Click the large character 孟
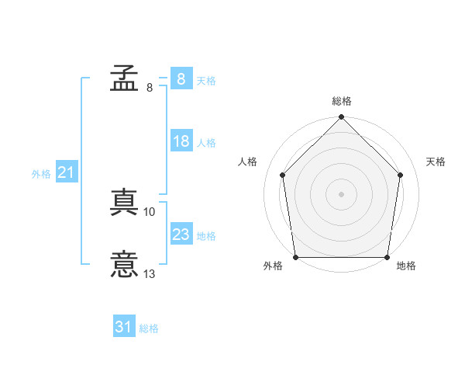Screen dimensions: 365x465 click(x=124, y=78)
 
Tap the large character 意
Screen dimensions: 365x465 click(x=124, y=264)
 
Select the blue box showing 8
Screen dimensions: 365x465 click(x=181, y=78)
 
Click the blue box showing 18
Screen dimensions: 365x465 click(x=181, y=141)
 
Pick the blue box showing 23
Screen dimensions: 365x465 click(x=181, y=235)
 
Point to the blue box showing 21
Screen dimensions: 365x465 click(x=66, y=172)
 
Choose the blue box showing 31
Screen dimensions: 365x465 click(x=124, y=327)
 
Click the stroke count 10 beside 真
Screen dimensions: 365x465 click(x=150, y=211)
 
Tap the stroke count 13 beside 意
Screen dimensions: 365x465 click(x=150, y=273)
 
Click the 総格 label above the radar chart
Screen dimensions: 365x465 click(x=342, y=101)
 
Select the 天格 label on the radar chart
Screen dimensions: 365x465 click(x=436, y=162)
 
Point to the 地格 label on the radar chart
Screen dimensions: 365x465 click(x=406, y=266)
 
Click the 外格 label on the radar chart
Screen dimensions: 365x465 click(x=274, y=266)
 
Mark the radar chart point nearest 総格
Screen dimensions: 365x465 click(x=342, y=118)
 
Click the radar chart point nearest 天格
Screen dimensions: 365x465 click(x=401, y=175)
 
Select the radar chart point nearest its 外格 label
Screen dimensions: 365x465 click(x=296, y=257)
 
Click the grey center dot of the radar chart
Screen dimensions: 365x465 click(x=342, y=193)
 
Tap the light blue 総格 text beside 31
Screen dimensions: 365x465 click(x=149, y=328)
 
